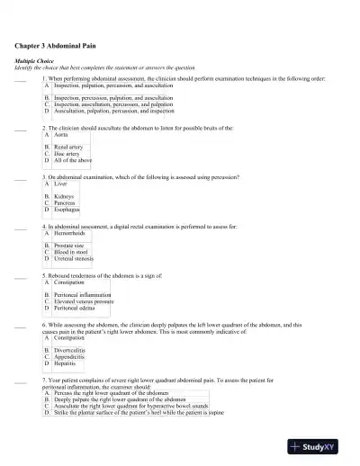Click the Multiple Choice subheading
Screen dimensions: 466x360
pos(35,60)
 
